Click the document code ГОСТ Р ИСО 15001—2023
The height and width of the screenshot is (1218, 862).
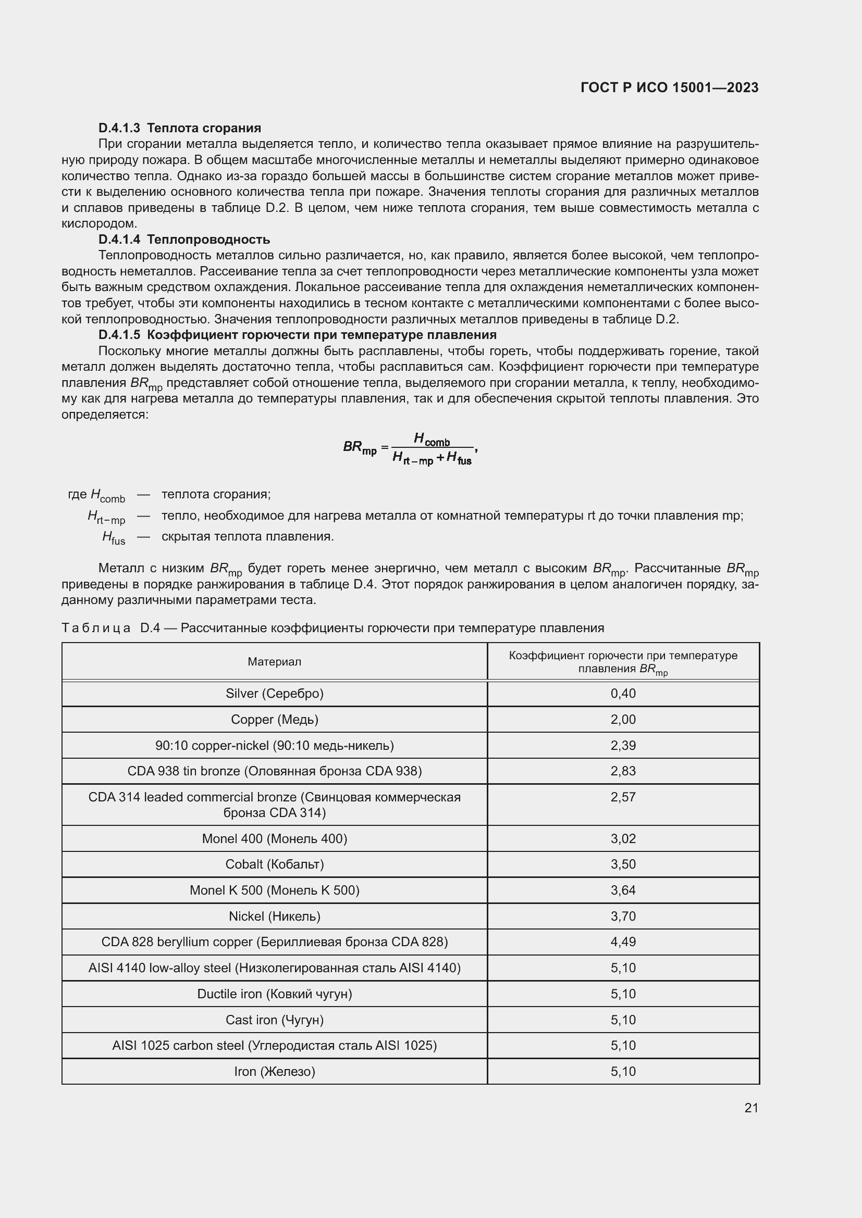click(x=669, y=87)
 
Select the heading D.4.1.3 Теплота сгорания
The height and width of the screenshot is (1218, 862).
click(x=179, y=128)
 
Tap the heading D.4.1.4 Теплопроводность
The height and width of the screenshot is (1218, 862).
click(x=183, y=239)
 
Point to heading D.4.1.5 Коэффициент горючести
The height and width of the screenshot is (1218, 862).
click(x=297, y=335)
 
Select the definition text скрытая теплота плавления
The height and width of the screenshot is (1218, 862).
click(x=248, y=536)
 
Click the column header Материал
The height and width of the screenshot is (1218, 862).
click(x=274, y=661)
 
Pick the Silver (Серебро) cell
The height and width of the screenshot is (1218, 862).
click(x=274, y=693)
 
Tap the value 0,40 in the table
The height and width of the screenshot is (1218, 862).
click(x=623, y=693)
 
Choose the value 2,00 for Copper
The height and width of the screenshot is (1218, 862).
click(x=623, y=719)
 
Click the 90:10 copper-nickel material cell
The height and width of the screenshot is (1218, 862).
click(x=274, y=745)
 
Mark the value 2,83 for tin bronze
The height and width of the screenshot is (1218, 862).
click(x=623, y=771)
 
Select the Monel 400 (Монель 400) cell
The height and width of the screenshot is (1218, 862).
click(x=274, y=839)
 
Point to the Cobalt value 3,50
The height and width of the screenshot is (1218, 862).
click(x=623, y=864)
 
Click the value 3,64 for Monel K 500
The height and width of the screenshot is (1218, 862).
click(x=623, y=890)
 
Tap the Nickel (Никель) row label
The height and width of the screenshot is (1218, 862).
click(x=274, y=916)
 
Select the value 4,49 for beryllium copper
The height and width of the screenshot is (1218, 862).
click(x=623, y=941)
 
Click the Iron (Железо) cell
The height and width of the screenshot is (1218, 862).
click(x=274, y=1071)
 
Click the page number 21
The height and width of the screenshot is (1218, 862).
click(x=751, y=1108)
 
